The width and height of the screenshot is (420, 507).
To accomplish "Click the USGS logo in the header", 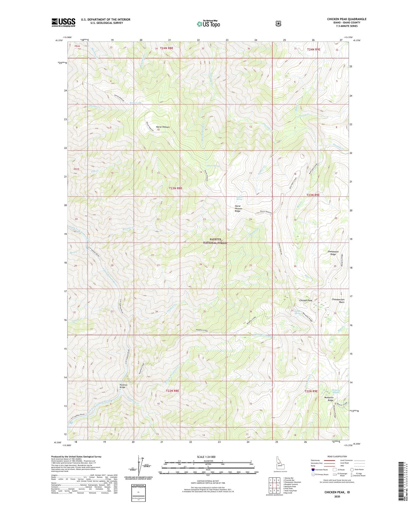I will tap(63, 22).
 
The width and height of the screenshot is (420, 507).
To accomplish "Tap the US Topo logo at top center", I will tap(208, 23).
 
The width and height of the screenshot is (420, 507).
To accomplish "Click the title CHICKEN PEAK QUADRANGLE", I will tap(346, 19).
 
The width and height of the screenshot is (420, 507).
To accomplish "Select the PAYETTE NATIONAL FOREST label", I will tap(215, 241).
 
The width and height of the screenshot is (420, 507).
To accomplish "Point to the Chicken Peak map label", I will tap(305, 300).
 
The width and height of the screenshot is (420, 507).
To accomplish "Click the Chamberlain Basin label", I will tap(338, 301).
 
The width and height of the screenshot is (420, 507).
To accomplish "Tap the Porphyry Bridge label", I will tap(123, 386).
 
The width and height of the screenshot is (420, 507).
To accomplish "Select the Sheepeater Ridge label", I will tap(333, 253).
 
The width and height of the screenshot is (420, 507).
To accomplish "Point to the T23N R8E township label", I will tap(175, 188).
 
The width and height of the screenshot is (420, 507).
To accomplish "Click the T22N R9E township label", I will tap(311, 391).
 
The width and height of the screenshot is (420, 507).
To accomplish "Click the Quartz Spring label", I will tap(214, 166).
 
